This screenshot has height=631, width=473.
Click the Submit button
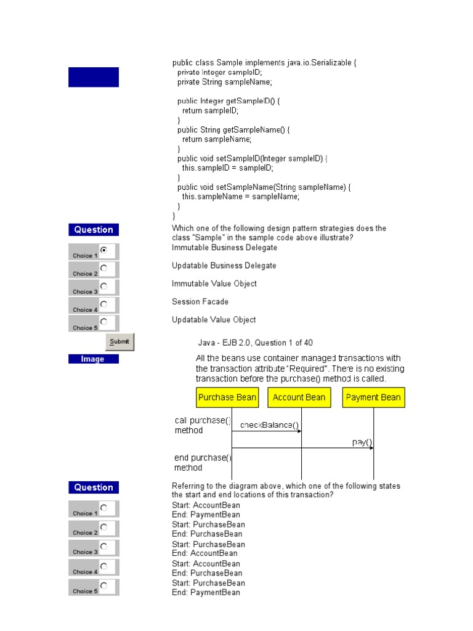coord(119,342)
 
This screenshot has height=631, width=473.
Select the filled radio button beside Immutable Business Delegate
coord(103,250)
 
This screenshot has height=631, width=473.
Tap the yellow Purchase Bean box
coord(227,397)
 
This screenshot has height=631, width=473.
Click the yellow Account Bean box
coord(299,397)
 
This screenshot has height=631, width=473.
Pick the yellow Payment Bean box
coord(373,397)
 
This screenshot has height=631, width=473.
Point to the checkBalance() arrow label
coord(269,425)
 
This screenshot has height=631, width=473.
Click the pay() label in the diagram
coord(362,442)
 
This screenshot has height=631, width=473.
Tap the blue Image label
coord(93,359)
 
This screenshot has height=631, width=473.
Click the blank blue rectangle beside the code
coord(94,77)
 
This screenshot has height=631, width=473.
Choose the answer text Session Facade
coord(200,302)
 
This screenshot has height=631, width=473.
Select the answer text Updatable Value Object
coord(214,320)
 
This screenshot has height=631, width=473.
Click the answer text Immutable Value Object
coord(214,283)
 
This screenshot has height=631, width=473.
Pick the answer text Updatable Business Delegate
coord(224,266)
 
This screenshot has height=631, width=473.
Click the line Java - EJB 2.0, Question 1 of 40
coord(259,343)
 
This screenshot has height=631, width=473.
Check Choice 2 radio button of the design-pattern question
coord(103,268)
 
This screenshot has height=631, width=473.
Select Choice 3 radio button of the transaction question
coord(103,546)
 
